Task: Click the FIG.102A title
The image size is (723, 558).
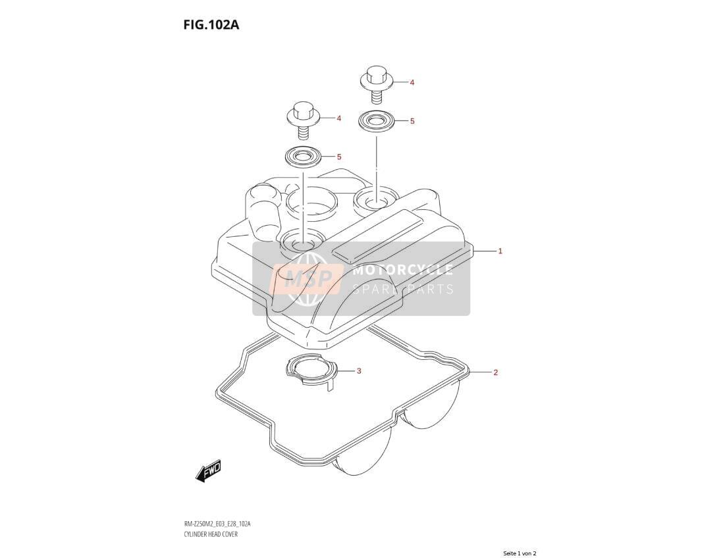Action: pos(211,24)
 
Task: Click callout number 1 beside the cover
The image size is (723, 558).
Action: pos(500,251)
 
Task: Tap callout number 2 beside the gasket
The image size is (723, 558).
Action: pos(496,372)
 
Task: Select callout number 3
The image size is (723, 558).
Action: pos(359,371)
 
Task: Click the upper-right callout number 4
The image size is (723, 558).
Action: pos(412,83)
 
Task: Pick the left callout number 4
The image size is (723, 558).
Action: pos(339,119)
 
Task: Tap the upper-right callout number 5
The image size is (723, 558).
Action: pos(412,121)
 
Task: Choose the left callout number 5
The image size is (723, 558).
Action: pos(339,157)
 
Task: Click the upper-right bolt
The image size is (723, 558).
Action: pos(376,86)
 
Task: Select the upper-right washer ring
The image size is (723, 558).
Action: pos(376,122)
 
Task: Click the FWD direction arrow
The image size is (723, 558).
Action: pos(209,470)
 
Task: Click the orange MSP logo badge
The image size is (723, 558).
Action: pos(307,280)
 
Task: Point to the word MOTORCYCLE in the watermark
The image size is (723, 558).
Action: pos(402,270)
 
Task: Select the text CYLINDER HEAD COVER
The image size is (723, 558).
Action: pos(210,534)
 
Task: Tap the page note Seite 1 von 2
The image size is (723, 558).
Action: pos(520,553)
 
